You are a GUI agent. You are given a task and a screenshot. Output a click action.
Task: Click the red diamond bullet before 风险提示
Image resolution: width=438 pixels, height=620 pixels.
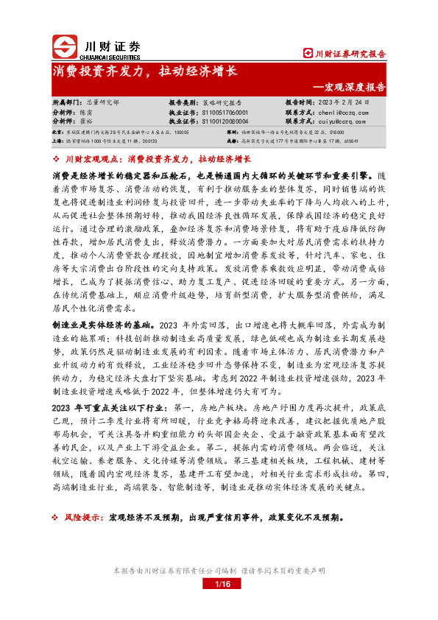pos(57,518)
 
